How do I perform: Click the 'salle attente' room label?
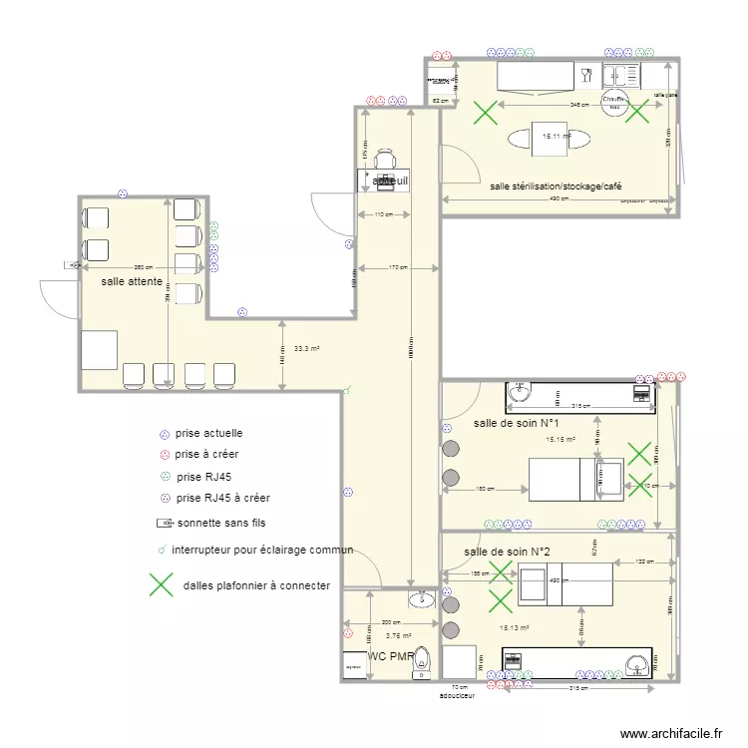pyautogui.click(x=132, y=283)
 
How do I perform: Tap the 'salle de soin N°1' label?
pyautogui.click(x=516, y=423)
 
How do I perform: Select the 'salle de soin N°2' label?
pyautogui.click(x=507, y=552)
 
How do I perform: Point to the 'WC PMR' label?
pyautogui.click(x=390, y=657)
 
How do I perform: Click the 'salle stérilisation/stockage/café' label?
pyautogui.click(x=556, y=187)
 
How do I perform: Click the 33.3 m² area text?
pyautogui.click(x=306, y=349)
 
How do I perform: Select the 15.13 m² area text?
pyautogui.click(x=515, y=628)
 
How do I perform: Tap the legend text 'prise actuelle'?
pyautogui.click(x=208, y=434)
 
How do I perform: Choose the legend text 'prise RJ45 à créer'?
pyautogui.click(x=222, y=497)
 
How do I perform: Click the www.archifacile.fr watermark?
pyautogui.click(x=671, y=733)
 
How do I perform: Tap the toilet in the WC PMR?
pyautogui.click(x=424, y=659)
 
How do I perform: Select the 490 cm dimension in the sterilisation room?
pyautogui.click(x=559, y=198)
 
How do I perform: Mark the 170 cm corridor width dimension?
pyautogui.click(x=397, y=267)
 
